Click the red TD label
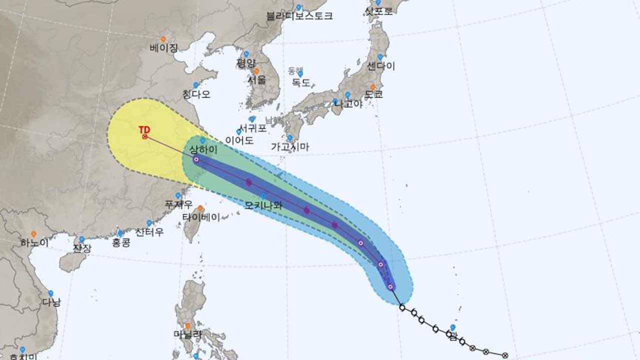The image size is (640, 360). point(144,129)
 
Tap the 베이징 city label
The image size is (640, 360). point(163,48)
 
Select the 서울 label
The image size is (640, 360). point(256,79)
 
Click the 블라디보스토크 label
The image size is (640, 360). point(300,15)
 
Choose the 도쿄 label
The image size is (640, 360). point(373,94)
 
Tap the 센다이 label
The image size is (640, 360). point(381,66)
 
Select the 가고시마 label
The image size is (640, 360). point(290,146)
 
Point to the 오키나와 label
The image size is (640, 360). point(263,205)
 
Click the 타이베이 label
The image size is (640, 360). point(200,217)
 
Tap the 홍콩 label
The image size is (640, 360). point(121,242)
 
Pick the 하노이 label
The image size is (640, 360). point(34,243)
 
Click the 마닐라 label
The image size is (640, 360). point(187,334)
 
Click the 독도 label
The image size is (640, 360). point(300,82)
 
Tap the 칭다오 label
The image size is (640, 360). point(196,94)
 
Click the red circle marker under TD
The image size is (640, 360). point(145,136)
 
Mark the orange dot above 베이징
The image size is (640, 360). point(163,39)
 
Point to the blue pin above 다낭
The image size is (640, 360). point(50,293)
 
